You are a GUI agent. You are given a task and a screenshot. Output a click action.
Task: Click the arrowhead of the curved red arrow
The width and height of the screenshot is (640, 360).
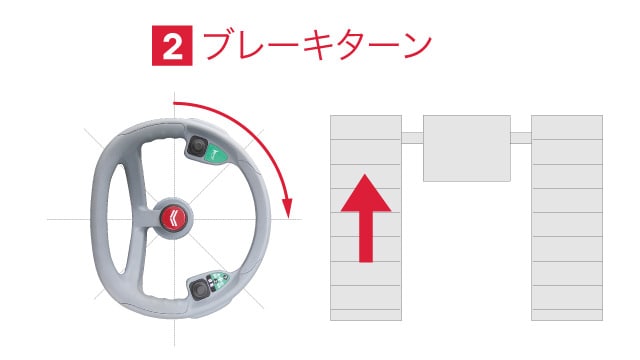coord(288,208)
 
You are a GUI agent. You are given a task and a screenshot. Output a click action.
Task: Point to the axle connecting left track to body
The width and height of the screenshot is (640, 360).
coord(412,137)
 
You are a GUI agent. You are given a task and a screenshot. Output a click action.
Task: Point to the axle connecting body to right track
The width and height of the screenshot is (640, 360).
coord(521,137)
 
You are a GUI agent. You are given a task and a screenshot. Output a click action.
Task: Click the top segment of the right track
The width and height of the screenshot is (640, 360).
coord(567,126)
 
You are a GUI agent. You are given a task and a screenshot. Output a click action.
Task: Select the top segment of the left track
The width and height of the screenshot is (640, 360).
coord(366,126)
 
